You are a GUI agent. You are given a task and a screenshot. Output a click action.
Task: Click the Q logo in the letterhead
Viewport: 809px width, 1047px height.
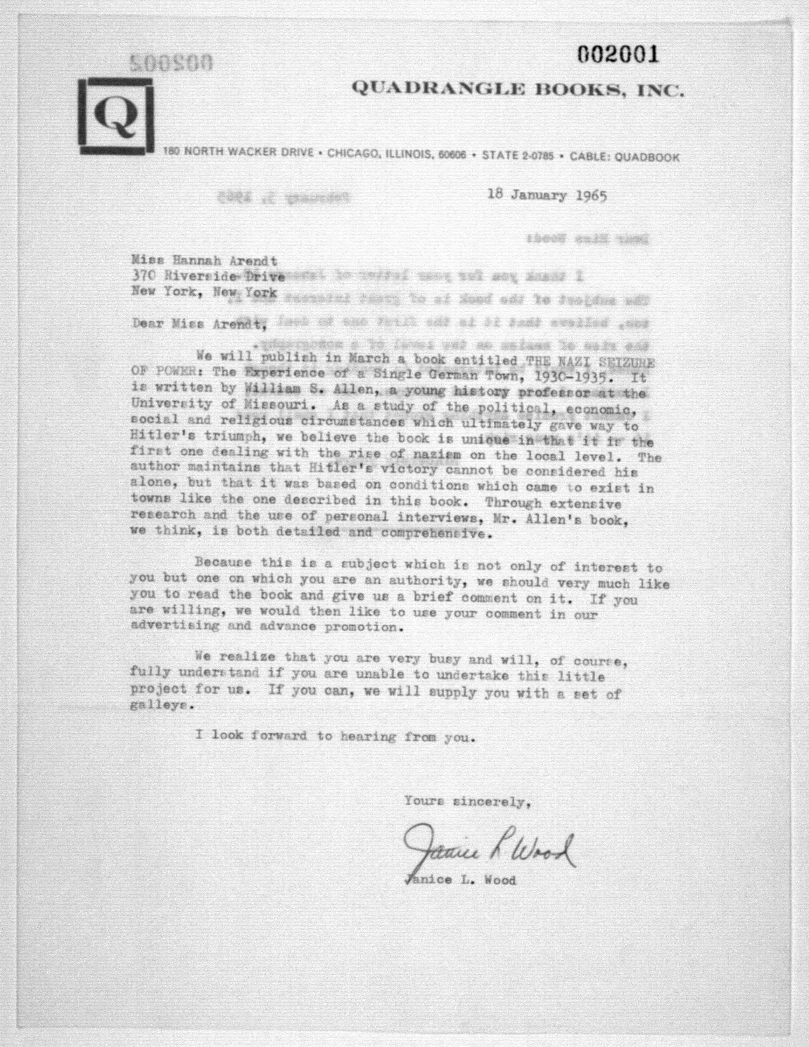(x=117, y=116)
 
